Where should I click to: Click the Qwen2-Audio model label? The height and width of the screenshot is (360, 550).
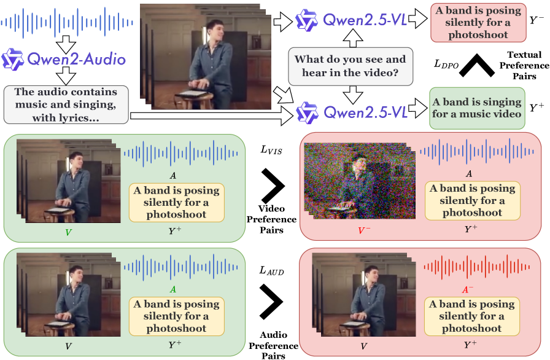click(x=64, y=60)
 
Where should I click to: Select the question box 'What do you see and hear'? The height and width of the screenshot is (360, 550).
click(x=350, y=66)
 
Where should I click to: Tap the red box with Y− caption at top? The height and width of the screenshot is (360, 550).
click(x=476, y=22)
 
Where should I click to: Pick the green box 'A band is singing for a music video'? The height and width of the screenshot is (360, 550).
click(x=476, y=108)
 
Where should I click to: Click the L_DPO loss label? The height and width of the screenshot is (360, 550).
click(x=446, y=63)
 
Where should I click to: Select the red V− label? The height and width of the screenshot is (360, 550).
click(x=365, y=231)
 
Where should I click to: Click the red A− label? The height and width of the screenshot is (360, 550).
click(x=468, y=289)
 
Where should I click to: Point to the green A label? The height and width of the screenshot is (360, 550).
click(x=173, y=289)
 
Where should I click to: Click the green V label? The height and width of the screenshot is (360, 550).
click(x=68, y=232)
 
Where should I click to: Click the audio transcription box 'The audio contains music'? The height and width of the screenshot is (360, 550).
click(x=66, y=103)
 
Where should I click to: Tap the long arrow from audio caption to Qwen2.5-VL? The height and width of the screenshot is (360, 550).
click(x=209, y=114)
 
